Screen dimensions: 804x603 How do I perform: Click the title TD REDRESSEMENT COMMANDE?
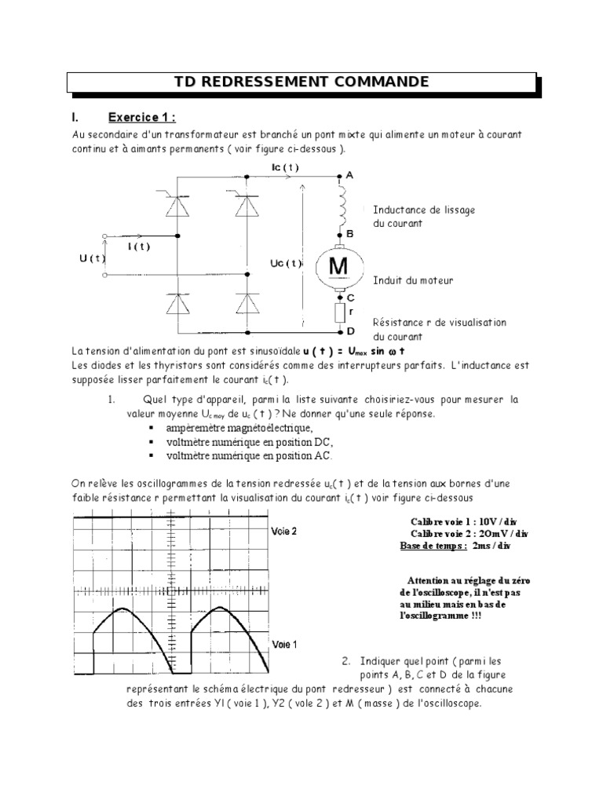tap(301, 82)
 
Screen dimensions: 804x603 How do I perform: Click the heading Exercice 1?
tap(141, 118)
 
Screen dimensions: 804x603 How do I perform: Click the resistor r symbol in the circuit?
tap(339, 314)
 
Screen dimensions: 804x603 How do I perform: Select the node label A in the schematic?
tap(349, 176)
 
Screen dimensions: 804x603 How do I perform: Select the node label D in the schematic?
tap(351, 332)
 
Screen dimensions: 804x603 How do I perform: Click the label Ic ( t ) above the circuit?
tap(283, 167)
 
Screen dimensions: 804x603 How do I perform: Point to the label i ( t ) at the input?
tap(139, 246)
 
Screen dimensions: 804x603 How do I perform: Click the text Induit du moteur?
tap(413, 280)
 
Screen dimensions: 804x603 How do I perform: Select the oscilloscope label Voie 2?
tap(283, 531)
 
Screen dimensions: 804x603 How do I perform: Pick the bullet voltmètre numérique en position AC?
tap(249, 455)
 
